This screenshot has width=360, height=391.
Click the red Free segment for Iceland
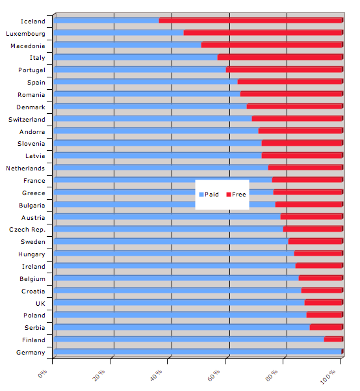(251, 20)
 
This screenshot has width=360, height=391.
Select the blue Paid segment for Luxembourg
(118, 33)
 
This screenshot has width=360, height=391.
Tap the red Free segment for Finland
(333, 339)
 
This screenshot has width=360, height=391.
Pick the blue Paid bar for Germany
(198, 351)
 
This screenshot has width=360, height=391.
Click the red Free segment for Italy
(280, 57)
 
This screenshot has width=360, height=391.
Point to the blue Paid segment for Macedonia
(127, 45)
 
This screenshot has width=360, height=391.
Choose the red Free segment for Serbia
(326, 327)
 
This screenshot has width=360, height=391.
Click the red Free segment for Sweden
(315, 241)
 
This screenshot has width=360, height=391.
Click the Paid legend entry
(209, 195)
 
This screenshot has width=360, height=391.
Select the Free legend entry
(236, 195)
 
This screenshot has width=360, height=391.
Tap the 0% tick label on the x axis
(42, 374)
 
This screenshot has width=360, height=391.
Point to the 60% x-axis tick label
(214, 375)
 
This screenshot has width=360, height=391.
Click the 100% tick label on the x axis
(328, 377)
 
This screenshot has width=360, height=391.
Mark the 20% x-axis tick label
(98, 375)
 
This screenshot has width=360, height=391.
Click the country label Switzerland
(27, 120)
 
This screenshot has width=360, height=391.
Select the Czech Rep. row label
(27, 230)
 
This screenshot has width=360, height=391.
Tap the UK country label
(40, 303)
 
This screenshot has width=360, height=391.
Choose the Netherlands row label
(25, 169)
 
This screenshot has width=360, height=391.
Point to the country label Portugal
(32, 70)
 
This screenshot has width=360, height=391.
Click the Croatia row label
(33, 291)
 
